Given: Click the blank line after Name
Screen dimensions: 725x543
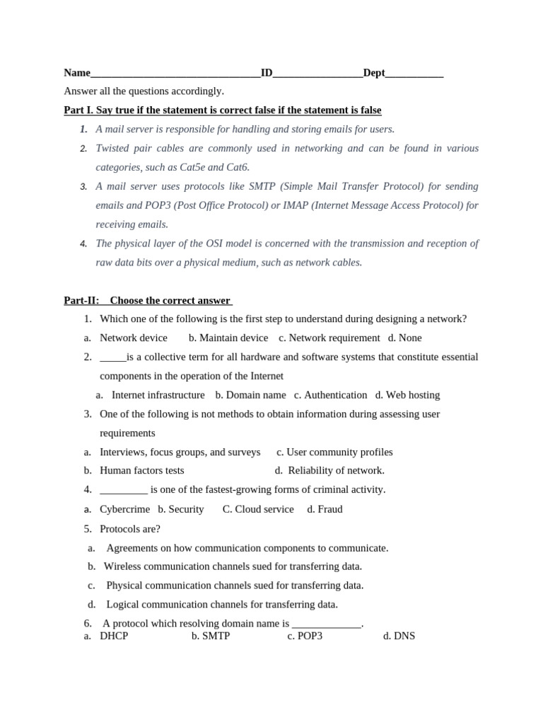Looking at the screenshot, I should pos(175,74).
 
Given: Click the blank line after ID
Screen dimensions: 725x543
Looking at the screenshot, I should pos(317,74).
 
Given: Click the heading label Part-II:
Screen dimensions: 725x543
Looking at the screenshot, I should pos(81,300).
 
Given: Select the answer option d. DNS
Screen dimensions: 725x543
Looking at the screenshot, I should pos(399,636).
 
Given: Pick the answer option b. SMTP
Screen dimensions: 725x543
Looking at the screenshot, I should pos(211,636).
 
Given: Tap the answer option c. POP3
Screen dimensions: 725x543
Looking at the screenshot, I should pos(305,636).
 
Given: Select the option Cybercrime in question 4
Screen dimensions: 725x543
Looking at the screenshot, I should pos(124,509).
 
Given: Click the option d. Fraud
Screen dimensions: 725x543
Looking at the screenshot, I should pos(325,509).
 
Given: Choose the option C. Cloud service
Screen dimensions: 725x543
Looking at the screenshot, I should pos(258,509).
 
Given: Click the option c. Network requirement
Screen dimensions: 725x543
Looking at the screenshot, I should pos(329,338).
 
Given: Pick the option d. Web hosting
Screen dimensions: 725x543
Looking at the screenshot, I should pos(407,395).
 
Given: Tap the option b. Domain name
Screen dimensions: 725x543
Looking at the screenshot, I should pos(250,395).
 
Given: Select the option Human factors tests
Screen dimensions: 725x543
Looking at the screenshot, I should pos(141,470).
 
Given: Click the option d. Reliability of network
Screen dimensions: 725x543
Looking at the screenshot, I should pos(329,470).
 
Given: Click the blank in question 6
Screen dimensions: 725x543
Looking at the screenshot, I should pos(326,624).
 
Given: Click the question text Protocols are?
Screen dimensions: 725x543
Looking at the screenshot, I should pos(130,529).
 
